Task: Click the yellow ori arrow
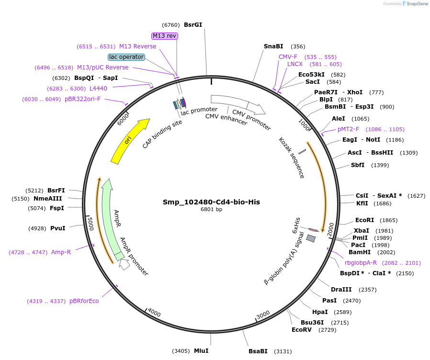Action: tap(128, 142)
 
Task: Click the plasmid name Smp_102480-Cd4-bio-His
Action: tap(211, 202)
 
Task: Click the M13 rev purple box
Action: tap(164, 36)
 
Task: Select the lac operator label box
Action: tap(126, 57)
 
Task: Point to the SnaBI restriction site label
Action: tap(273, 46)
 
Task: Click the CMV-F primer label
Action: tap(288, 57)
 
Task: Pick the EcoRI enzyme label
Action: tap(364, 220)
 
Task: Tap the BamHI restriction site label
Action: tap(360, 252)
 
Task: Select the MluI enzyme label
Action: tap(201, 351)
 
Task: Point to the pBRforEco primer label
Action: tap(84, 301)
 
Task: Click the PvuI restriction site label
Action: tap(58, 228)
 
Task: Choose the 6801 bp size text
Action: tap(211, 209)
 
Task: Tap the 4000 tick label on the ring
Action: tap(154, 313)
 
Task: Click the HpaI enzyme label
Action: tap(320, 312)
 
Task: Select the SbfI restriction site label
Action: tap(358, 165)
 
